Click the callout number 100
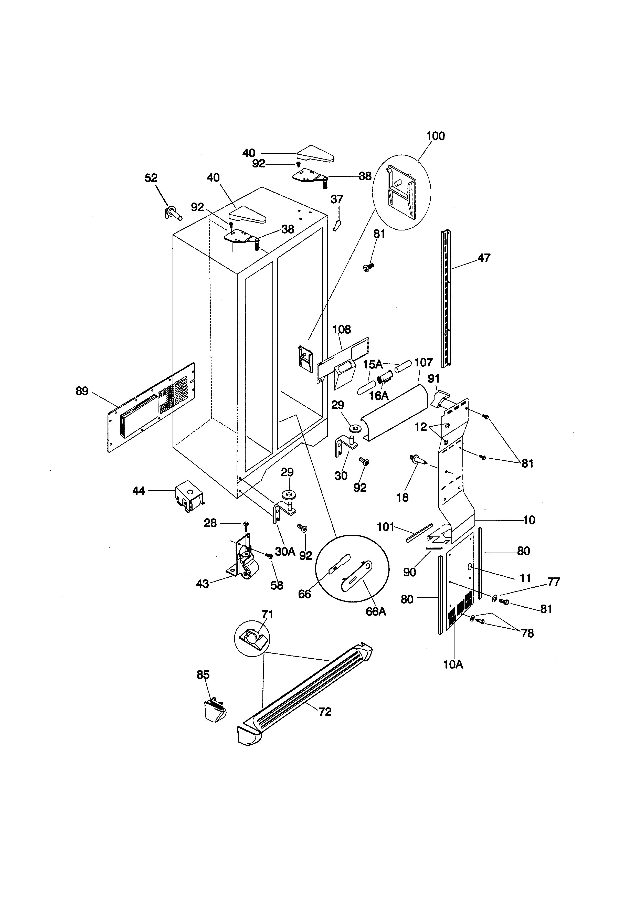(x=435, y=136)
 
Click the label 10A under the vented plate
(x=453, y=664)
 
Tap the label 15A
(x=373, y=365)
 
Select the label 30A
(x=285, y=552)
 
